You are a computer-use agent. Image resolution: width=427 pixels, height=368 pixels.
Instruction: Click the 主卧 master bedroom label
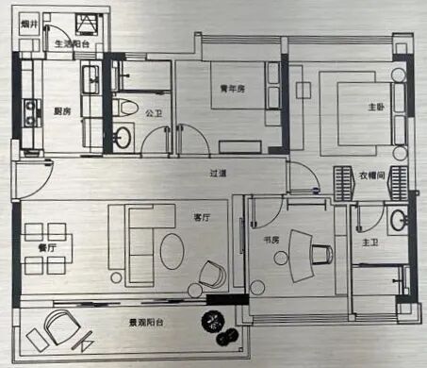click(x=348, y=107)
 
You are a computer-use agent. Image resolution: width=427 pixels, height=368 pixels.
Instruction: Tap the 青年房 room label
click(x=233, y=89)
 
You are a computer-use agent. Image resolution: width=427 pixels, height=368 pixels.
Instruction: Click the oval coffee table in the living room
click(x=172, y=252)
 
